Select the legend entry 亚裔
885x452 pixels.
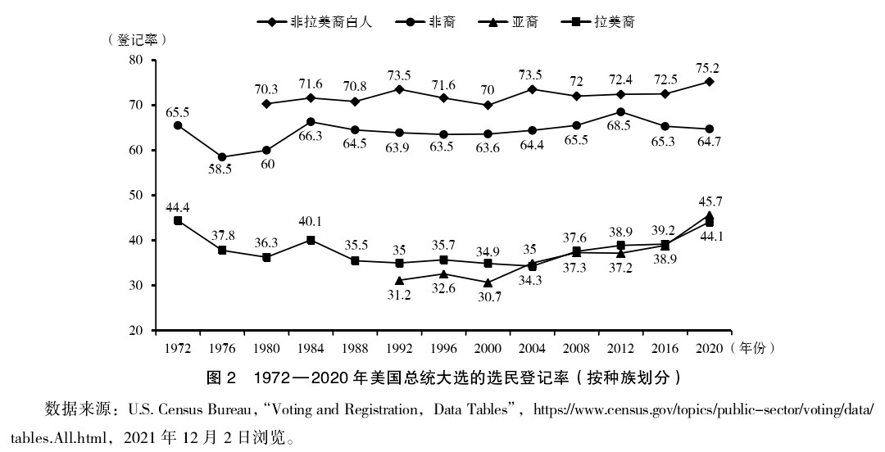pyautogui.click(x=524, y=22)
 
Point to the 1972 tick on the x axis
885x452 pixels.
pyautogui.click(x=177, y=348)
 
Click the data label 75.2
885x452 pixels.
pyautogui.click(x=710, y=66)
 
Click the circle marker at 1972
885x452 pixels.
pyautogui.click(x=178, y=125)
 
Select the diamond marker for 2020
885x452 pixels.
pyautogui.click(x=710, y=82)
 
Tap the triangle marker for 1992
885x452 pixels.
pyautogui.click(x=400, y=280)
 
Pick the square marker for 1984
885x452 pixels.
pyautogui.click(x=311, y=240)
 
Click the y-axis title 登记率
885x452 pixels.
pyautogui.click(x=138, y=38)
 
